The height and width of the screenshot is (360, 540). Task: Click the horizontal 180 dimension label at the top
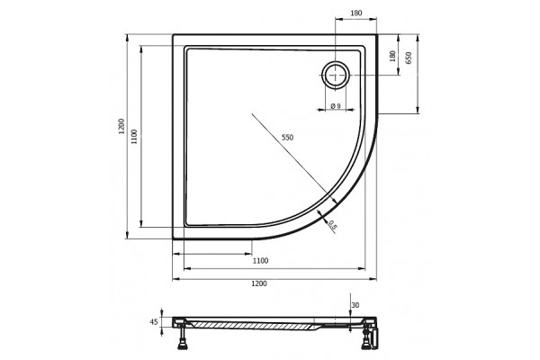(356, 13)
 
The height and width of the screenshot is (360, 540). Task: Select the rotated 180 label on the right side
(392, 56)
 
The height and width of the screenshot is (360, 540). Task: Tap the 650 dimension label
(409, 58)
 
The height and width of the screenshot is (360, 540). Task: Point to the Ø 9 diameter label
(336, 106)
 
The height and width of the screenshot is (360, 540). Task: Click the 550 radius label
(288, 138)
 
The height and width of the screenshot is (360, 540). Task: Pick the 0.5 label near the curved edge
(333, 225)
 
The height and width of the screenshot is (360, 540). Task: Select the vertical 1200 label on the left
(121, 126)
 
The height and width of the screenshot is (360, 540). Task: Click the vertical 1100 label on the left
(134, 137)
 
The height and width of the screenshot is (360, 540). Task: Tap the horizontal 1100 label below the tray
(261, 261)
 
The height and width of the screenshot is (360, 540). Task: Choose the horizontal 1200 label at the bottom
(258, 283)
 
